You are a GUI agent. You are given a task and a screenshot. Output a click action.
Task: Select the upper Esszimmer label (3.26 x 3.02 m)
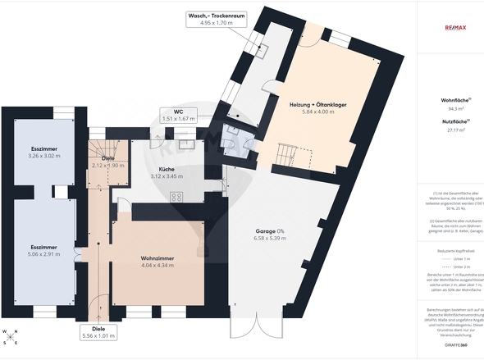click(x=44, y=148)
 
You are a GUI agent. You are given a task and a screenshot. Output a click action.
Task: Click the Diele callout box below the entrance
click(x=99, y=331)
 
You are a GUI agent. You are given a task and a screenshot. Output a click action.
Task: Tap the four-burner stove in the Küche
click(x=176, y=196)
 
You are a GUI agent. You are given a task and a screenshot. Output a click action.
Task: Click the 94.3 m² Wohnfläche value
click(x=456, y=108)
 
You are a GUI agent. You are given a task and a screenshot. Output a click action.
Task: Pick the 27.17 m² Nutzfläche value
click(x=456, y=129)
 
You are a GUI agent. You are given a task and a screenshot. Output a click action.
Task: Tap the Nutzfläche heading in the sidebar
click(x=455, y=121)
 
